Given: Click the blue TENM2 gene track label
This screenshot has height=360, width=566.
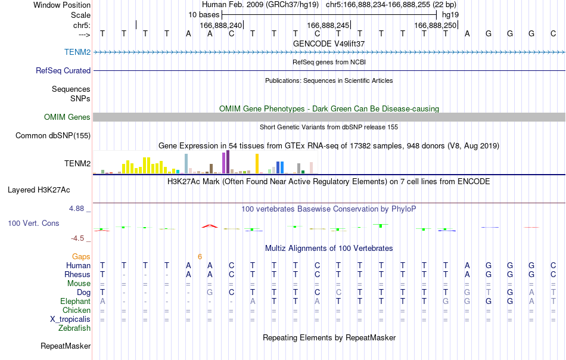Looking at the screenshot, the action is click(77, 52).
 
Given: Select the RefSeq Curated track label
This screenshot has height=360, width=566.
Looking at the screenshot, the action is click(63, 70).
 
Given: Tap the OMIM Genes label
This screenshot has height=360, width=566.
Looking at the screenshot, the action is click(67, 117).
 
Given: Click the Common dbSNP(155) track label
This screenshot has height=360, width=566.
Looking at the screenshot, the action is click(53, 136).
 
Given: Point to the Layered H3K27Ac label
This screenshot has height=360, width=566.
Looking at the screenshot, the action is click(39, 190).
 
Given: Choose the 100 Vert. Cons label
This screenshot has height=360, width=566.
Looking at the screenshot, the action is click(33, 223).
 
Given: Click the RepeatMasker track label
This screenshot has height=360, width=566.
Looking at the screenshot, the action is click(66, 346).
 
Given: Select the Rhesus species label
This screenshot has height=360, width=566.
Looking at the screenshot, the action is click(77, 274).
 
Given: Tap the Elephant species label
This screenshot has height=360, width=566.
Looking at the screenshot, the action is click(76, 301).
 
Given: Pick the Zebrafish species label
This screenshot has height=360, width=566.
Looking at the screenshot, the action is click(74, 328).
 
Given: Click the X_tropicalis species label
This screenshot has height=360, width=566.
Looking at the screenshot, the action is click(70, 319).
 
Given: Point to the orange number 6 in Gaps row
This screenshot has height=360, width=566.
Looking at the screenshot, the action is click(200, 257).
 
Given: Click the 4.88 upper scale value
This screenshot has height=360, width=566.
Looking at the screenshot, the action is click(76, 209).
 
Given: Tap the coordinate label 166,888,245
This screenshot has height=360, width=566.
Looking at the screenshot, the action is click(328, 25).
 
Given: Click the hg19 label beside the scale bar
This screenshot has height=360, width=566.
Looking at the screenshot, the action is click(450, 15).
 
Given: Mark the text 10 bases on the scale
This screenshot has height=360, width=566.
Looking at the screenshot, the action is click(204, 15).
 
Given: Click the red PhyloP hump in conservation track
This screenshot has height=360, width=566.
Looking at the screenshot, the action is click(210, 226).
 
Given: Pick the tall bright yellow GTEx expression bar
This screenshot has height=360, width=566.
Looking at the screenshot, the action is click(257, 163).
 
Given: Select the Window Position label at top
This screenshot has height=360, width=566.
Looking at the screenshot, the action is click(62, 5).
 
